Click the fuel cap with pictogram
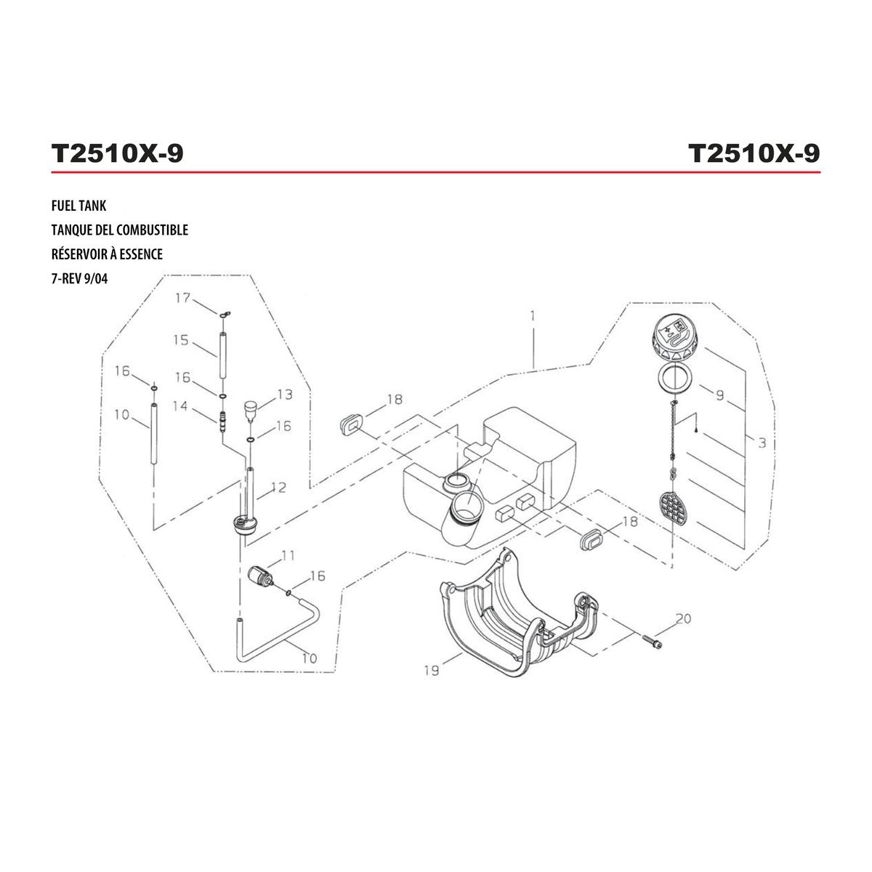click(x=672, y=339)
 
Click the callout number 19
click(x=431, y=670)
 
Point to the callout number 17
click(x=183, y=298)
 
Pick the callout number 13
click(x=285, y=395)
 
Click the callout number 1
click(x=533, y=315)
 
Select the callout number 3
click(x=762, y=443)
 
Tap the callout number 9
click(x=719, y=395)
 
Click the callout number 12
click(x=279, y=488)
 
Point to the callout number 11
click(x=288, y=555)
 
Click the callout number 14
click(x=180, y=405)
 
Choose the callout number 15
click(x=181, y=340)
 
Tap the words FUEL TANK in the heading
click(x=78, y=206)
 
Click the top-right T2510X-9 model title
click(x=754, y=153)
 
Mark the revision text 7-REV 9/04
click(x=80, y=279)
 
